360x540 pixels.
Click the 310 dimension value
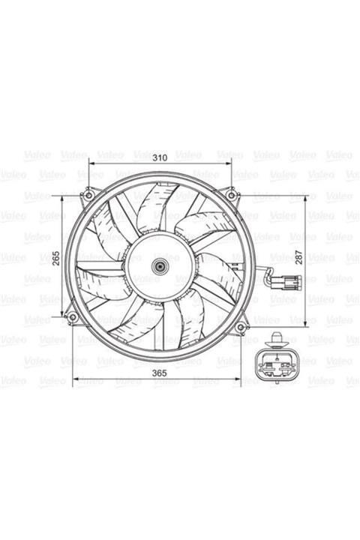[160, 158]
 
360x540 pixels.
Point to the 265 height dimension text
[56, 258]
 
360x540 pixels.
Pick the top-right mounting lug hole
[233, 196]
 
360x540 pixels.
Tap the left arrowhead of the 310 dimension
[91, 163]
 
